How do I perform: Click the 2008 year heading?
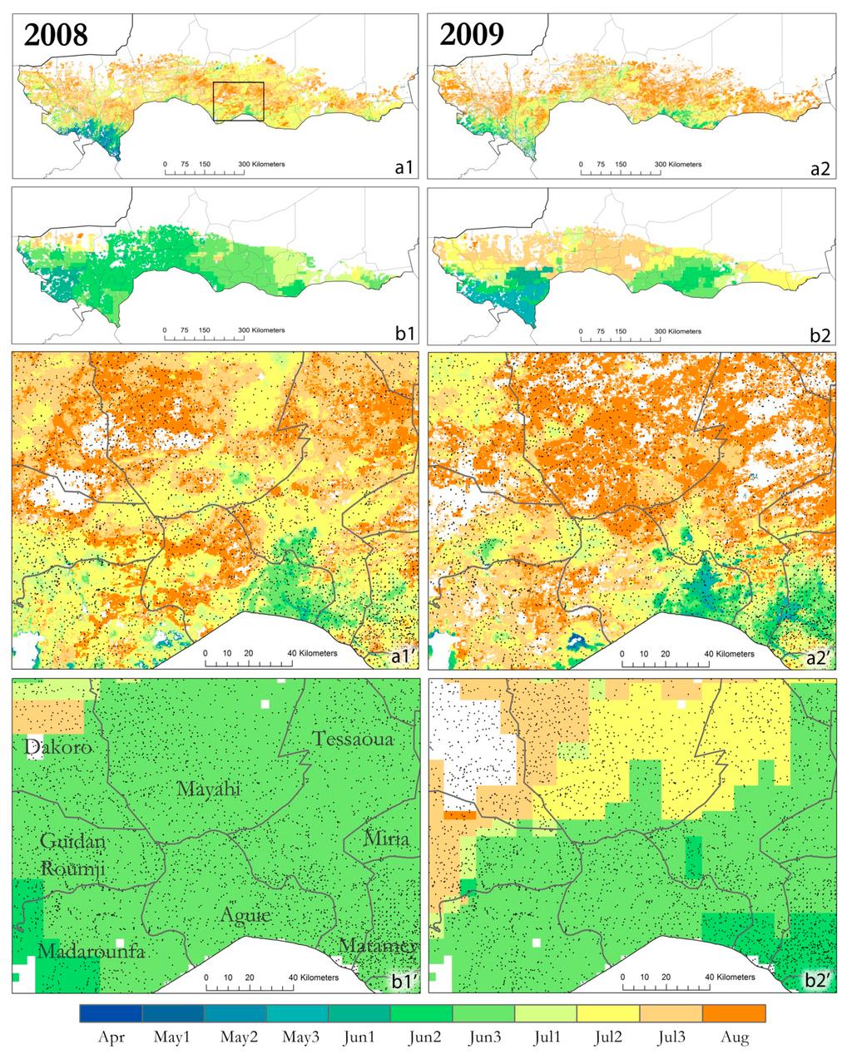point(56,34)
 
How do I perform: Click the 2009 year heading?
point(471,34)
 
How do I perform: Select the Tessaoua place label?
point(353,739)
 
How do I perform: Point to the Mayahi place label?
point(209,789)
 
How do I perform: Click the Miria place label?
point(386,839)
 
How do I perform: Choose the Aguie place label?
point(245,915)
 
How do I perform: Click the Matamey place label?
point(379,946)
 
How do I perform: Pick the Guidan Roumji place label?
point(73,854)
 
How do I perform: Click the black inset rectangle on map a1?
point(238,101)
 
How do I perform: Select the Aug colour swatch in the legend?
point(734,1013)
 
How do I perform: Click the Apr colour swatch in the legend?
point(111,1013)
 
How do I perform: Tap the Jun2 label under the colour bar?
point(422,1038)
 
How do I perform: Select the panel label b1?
point(404,334)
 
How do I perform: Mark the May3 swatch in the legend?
point(297,1013)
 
